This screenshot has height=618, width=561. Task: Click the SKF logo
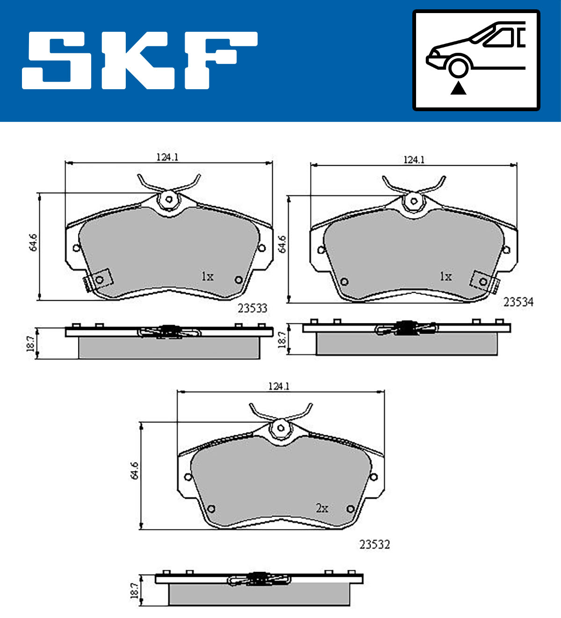click(x=139, y=60)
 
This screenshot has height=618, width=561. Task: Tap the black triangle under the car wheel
click(x=458, y=88)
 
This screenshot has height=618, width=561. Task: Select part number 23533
click(x=252, y=308)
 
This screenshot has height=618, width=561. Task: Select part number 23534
click(x=518, y=302)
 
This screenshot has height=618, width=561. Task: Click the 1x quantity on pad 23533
click(x=207, y=277)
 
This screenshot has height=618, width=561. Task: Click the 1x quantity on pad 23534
click(x=446, y=277)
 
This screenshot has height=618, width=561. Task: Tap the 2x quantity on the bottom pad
click(x=322, y=508)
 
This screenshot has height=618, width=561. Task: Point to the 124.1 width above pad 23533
click(x=167, y=157)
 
